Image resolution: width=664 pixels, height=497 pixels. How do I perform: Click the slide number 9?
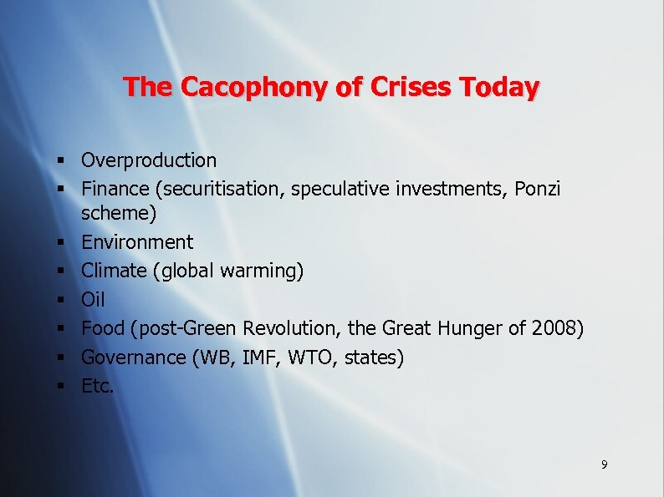coord(604,464)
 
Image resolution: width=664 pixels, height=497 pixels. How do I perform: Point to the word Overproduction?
coord(149,160)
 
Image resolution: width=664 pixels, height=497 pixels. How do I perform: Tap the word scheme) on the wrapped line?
coord(118,214)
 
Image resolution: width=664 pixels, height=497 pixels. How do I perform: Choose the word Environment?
coord(136,242)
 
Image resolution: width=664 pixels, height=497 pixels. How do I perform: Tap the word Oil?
coord(93,299)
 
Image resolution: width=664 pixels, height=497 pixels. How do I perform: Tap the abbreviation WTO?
coord(316,358)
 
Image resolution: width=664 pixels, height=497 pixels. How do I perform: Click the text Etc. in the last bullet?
coord(97,386)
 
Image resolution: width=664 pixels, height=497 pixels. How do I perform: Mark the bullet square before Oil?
coord(63,300)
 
